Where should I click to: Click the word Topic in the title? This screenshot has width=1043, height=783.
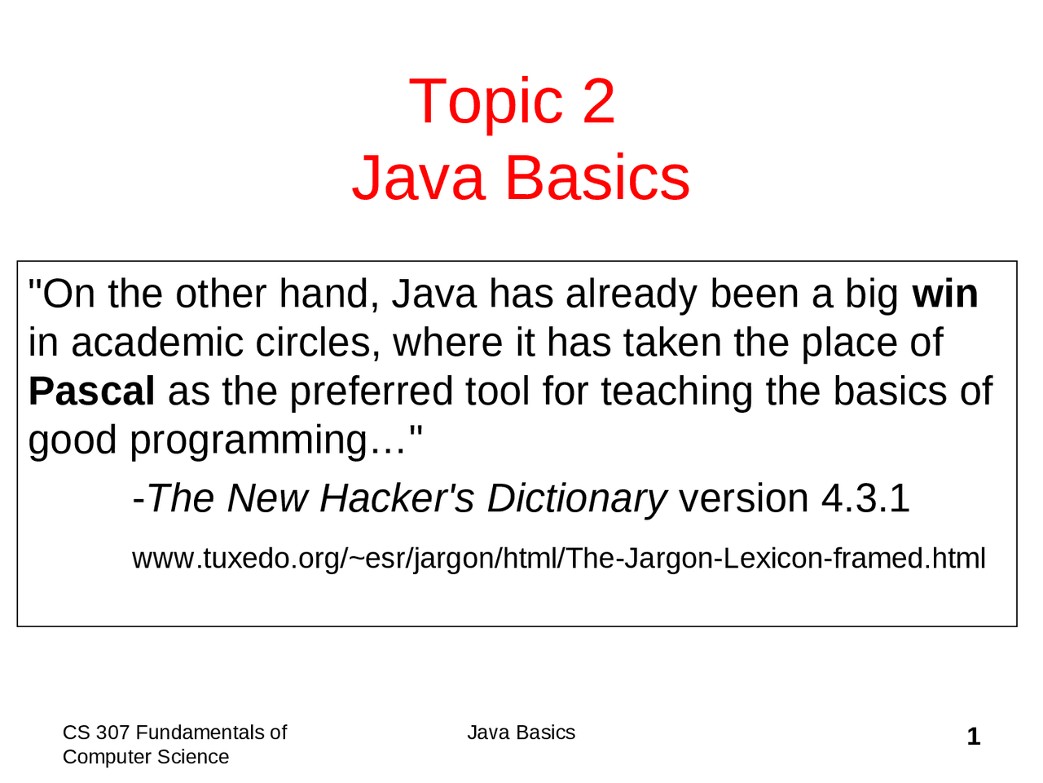[x=486, y=101]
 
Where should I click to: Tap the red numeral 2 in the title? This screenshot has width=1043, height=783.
[x=598, y=101]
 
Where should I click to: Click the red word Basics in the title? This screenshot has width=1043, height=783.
[x=598, y=178]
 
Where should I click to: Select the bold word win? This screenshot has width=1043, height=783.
[x=945, y=294]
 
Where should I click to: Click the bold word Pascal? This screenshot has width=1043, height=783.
[x=91, y=391]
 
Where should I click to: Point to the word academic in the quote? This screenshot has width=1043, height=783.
[x=156, y=343]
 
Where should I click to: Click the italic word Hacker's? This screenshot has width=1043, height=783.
[x=396, y=498]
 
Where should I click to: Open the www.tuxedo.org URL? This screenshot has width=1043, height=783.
[x=558, y=559]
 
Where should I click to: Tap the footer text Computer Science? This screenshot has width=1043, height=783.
[x=146, y=757]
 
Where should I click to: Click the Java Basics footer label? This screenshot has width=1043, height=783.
[x=521, y=732]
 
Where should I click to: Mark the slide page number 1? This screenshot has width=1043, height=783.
[x=973, y=737]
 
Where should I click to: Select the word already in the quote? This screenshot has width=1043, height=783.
[x=631, y=294]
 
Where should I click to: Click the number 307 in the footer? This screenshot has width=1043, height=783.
[x=112, y=732]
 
